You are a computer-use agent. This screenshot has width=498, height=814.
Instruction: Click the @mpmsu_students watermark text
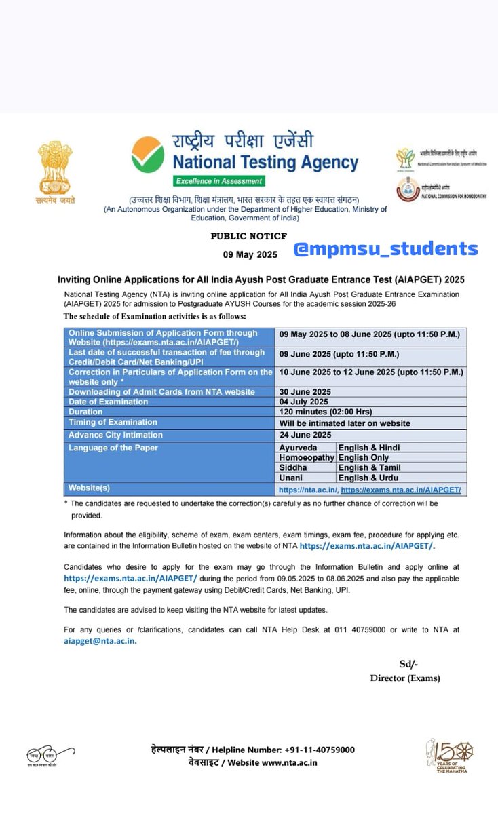click(385, 249)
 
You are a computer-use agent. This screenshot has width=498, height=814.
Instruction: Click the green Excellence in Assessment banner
click(218, 181)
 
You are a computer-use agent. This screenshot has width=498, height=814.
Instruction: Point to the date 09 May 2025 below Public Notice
click(250, 255)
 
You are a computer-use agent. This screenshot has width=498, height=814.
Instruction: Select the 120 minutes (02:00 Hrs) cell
click(326, 412)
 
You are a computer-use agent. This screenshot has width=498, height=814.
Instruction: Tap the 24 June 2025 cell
click(305, 435)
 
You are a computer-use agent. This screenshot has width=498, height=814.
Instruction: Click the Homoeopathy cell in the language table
click(307, 458)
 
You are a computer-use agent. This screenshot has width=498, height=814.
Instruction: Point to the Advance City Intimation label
click(116, 435)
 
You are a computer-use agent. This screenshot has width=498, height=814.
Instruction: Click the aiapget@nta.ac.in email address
click(100, 641)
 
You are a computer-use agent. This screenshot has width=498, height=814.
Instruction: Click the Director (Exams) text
click(405, 678)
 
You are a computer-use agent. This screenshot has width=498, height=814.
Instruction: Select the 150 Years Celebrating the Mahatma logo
click(449, 755)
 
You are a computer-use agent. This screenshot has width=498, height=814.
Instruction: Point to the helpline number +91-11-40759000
click(315, 750)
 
